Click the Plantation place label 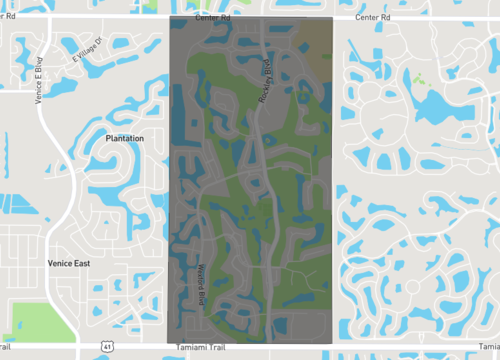tap(125, 138)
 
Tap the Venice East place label tap(69, 263)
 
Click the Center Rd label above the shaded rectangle tap(213, 17)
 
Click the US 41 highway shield tap(106, 345)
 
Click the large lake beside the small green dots tap(440, 105)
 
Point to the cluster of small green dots tap(419, 77)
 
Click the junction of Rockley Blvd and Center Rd tap(262, 20)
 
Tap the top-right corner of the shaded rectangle tap(331, 18)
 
